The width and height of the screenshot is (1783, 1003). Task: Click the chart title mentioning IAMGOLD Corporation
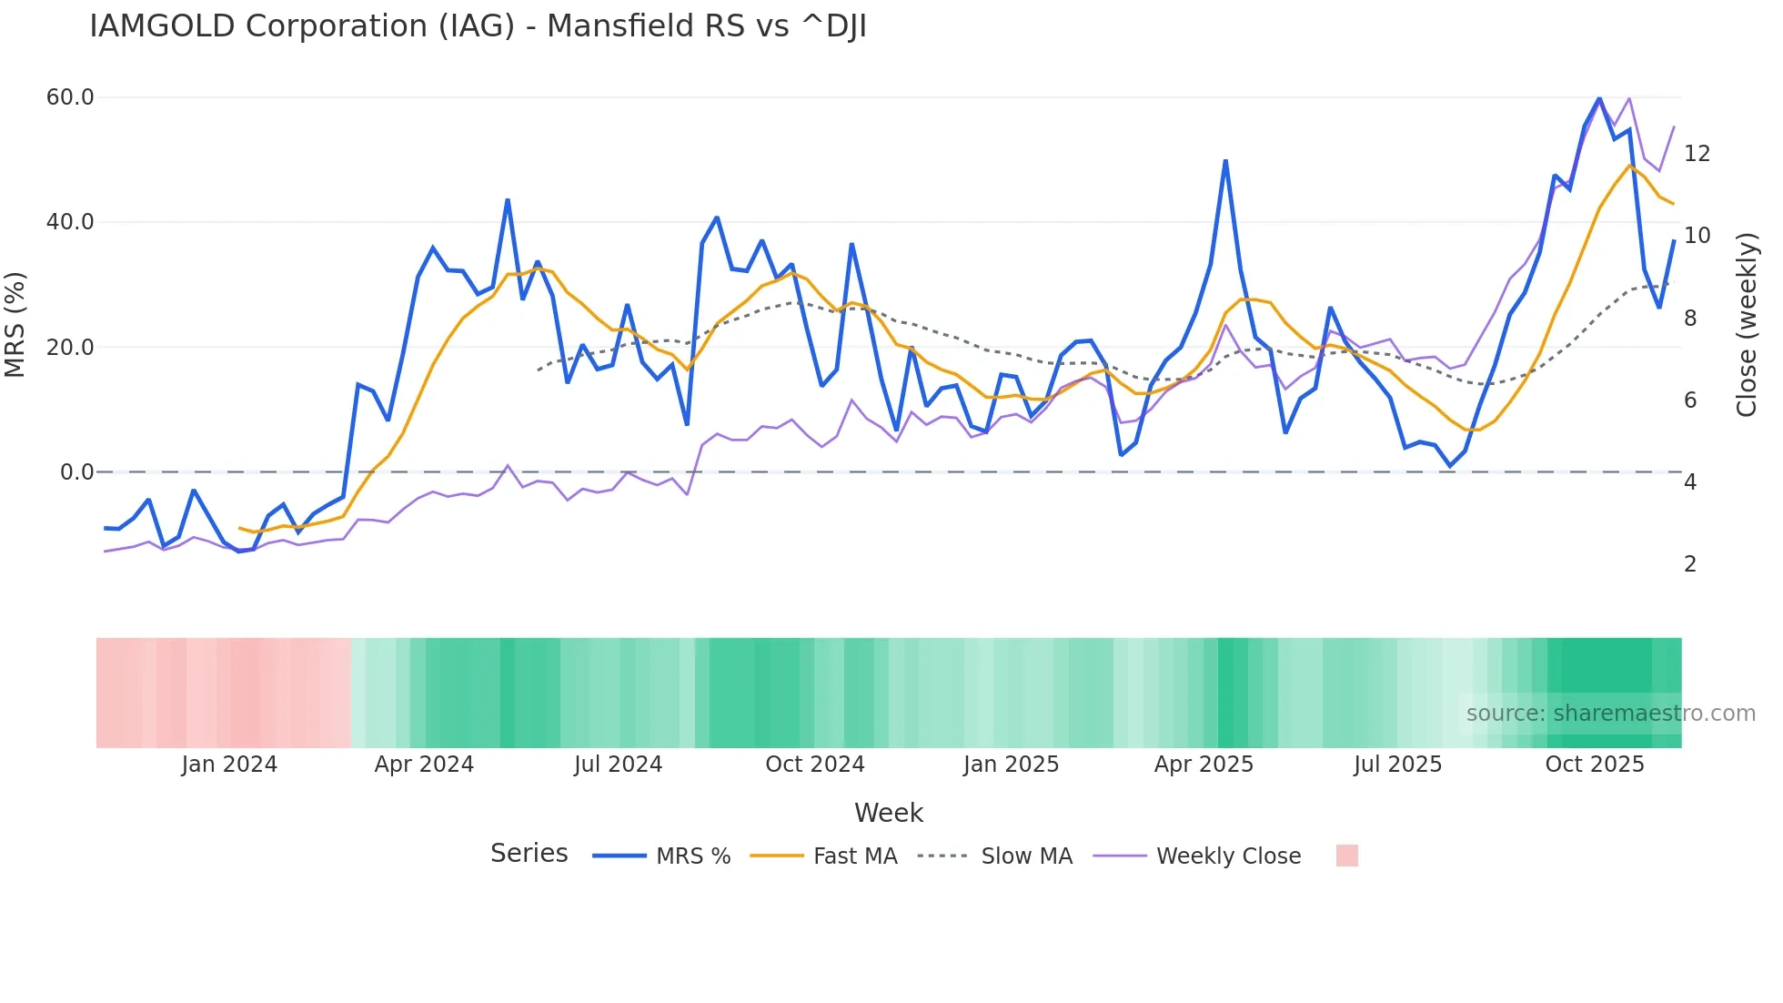(478, 26)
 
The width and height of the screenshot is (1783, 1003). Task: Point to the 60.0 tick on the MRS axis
(70, 97)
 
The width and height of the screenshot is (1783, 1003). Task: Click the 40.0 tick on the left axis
(70, 222)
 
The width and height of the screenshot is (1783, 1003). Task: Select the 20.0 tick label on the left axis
(70, 347)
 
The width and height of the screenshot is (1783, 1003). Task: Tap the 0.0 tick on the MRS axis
(76, 472)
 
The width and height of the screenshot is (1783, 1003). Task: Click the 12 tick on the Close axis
(1697, 154)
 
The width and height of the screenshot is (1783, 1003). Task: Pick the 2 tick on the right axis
(1690, 564)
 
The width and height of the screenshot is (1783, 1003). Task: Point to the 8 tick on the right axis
(1690, 319)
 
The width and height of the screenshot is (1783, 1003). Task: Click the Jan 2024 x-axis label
(229, 765)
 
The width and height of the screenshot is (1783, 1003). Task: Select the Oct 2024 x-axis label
(815, 765)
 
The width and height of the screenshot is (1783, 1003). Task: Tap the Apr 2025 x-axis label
(1204, 765)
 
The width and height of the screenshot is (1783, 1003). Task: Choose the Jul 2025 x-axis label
(1397, 765)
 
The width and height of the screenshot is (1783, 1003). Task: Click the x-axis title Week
(889, 813)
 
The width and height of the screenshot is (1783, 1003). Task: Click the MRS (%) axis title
(15, 325)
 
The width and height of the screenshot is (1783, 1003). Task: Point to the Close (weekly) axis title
(1747, 325)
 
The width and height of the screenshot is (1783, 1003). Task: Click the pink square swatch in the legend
(1346, 856)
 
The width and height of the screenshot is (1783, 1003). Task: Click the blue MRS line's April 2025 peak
(1225, 162)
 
